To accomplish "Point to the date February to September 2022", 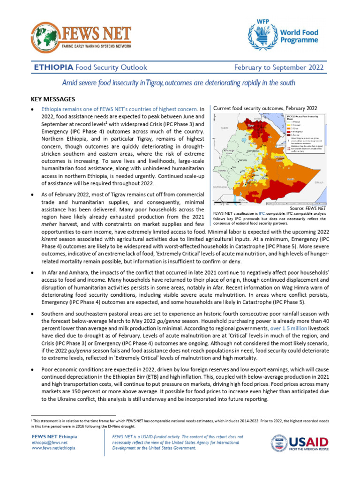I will [278, 67].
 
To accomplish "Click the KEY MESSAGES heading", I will [52, 99].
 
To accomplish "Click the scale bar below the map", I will [224, 203].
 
